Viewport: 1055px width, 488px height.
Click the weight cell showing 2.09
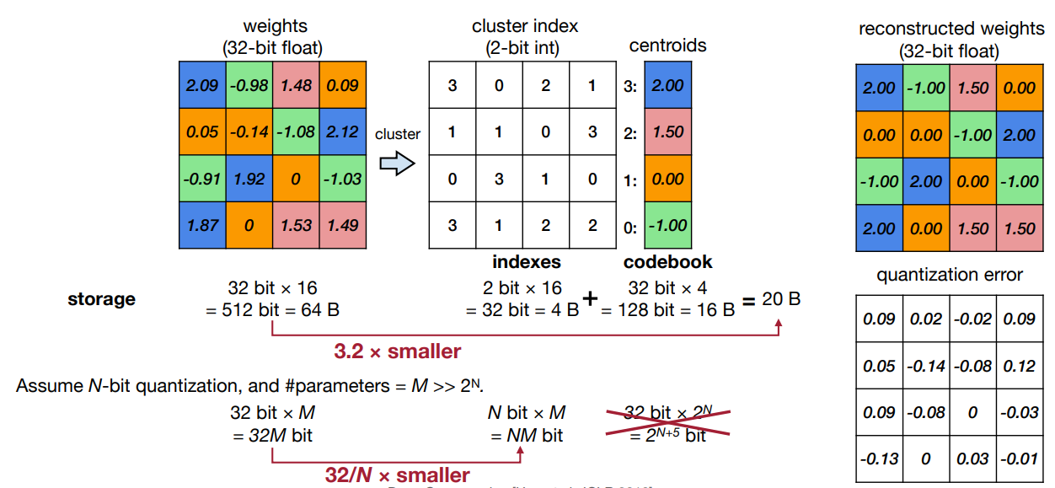point(202,85)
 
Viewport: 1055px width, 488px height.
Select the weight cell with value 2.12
point(343,132)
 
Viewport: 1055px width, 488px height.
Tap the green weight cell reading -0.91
point(202,179)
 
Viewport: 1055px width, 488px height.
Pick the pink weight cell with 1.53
point(297,225)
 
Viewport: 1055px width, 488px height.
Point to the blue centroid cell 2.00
point(668,85)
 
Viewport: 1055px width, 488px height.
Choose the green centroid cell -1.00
point(668,225)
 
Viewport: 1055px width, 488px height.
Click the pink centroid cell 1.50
point(668,132)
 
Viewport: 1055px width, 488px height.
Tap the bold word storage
point(101,299)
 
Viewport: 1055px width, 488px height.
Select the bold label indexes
point(527,262)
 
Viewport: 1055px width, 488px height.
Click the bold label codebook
point(668,262)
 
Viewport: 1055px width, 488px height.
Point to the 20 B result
point(781,299)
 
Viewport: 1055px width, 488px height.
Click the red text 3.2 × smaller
point(398,351)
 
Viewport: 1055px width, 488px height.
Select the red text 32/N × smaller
point(398,475)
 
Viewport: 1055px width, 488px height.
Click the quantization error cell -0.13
point(879,459)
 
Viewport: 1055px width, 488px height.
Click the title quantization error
point(950,275)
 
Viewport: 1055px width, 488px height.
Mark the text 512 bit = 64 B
point(273,310)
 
